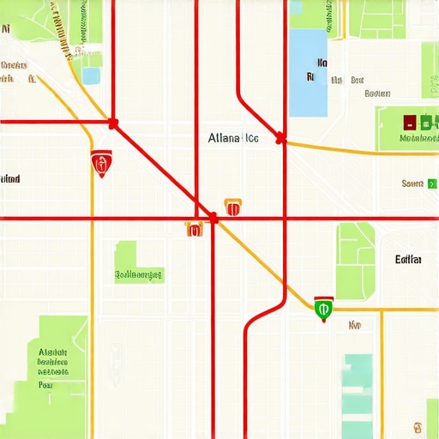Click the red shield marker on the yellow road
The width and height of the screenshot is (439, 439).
[x=101, y=162]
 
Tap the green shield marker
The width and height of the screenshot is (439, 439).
[x=323, y=309]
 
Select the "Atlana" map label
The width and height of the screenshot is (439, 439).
[x=223, y=137]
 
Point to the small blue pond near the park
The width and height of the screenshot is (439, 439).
[x=91, y=75]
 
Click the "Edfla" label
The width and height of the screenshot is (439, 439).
[x=407, y=259]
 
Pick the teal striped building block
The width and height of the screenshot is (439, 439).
[x=358, y=394]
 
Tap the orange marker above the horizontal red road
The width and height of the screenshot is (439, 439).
[x=232, y=206]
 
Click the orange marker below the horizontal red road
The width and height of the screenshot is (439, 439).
[x=194, y=228]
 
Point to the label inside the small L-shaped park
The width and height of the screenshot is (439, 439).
[x=139, y=275]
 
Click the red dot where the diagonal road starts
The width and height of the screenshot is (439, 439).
[x=113, y=123]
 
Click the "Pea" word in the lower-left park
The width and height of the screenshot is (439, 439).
[x=46, y=385]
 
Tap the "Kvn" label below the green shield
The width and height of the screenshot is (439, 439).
[x=354, y=325]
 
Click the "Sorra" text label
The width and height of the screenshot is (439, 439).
[x=412, y=183]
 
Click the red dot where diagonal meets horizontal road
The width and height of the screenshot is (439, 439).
[x=213, y=219]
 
